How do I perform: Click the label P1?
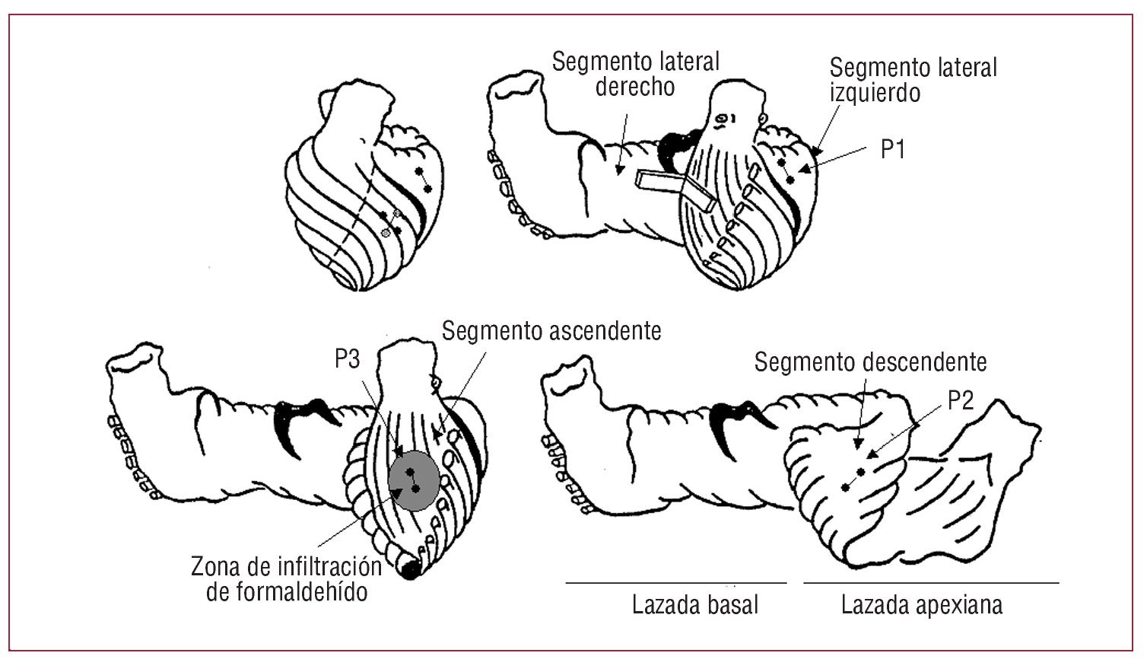[x=893, y=150]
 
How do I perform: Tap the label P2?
[x=961, y=402]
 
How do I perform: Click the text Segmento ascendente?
[x=551, y=332]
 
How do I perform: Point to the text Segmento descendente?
[x=870, y=361]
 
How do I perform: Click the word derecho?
[x=634, y=87]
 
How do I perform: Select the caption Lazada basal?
[x=695, y=606]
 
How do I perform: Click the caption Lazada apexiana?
[x=922, y=606]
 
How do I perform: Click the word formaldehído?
[x=287, y=591]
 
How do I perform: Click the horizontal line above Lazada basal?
[x=675, y=583]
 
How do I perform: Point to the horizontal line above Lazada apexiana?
[x=931, y=583]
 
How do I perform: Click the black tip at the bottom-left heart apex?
[x=411, y=568]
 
